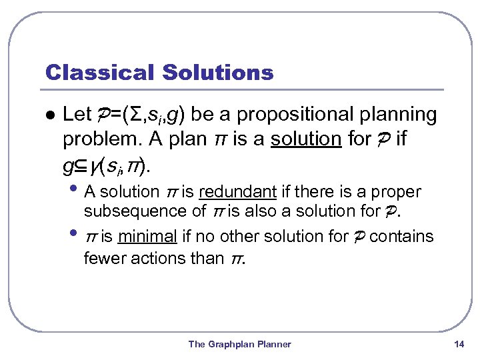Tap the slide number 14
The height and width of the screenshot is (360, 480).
[458, 344]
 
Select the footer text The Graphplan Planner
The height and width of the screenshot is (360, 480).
[240, 344]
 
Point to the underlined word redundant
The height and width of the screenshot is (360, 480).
[237, 192]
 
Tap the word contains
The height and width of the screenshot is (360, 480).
[401, 236]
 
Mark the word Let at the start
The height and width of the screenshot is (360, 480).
[76, 115]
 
